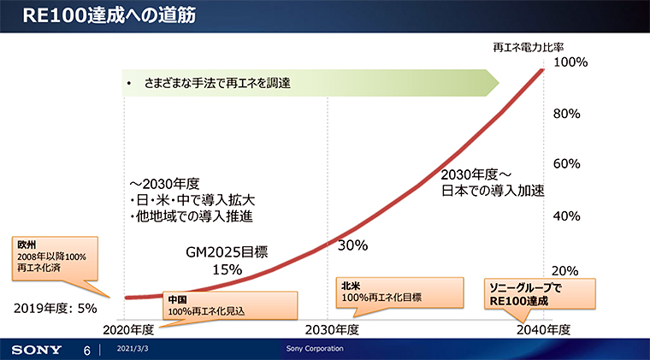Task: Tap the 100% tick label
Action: point(570,62)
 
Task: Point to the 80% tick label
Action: point(568,113)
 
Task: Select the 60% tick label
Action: point(568,164)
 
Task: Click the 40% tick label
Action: point(568,215)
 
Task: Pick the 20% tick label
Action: point(568,271)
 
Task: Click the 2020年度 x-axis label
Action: point(127,328)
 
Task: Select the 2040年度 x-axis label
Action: point(544,328)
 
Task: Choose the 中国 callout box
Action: point(229,305)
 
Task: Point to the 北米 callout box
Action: point(399,292)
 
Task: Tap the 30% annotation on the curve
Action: point(352,245)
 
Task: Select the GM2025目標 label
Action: point(227,252)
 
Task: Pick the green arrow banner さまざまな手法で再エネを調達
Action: point(308,83)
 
